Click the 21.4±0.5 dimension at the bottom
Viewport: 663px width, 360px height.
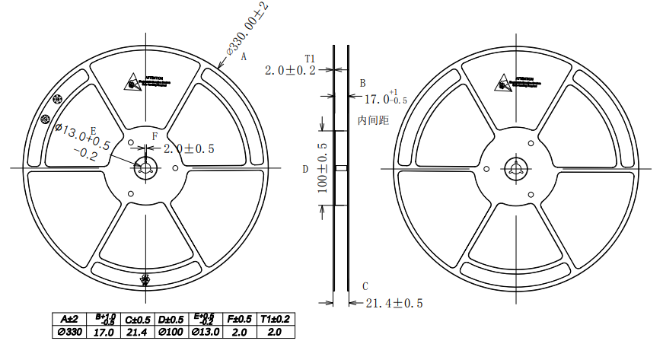click(x=394, y=304)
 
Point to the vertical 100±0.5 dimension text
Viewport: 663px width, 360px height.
click(x=322, y=168)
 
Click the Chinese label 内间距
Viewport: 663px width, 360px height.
click(x=373, y=120)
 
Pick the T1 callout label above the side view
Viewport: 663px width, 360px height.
click(x=310, y=58)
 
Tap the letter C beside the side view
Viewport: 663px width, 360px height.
click(x=365, y=286)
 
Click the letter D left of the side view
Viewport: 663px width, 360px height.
click(x=306, y=169)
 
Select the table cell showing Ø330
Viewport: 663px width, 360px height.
click(x=70, y=332)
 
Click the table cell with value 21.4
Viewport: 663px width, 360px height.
click(x=138, y=332)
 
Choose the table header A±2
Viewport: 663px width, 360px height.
click(x=70, y=319)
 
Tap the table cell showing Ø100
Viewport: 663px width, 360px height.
click(x=171, y=332)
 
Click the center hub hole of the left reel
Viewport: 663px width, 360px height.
click(x=145, y=168)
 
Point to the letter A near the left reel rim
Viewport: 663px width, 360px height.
click(x=244, y=56)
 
